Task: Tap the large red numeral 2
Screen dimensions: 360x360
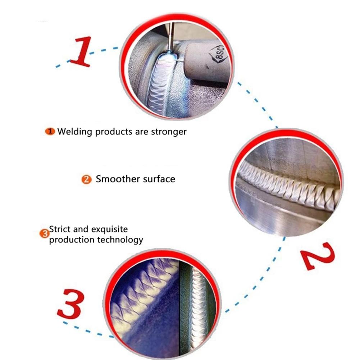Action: [x=318, y=256]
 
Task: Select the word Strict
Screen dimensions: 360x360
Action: [x=60, y=229]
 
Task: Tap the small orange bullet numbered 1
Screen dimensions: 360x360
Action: [x=50, y=132]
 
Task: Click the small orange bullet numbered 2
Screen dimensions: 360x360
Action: [x=86, y=179]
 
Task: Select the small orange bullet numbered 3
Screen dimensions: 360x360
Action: [x=44, y=234]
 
